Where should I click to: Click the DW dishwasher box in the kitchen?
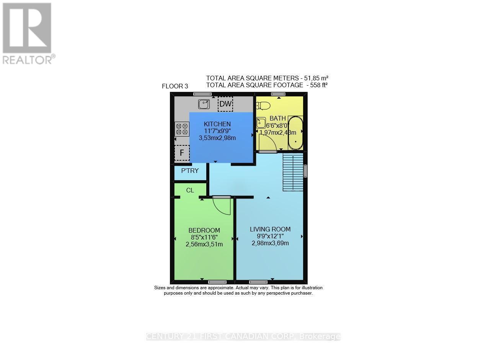tap(225, 104)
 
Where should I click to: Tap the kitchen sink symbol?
tap(204, 103)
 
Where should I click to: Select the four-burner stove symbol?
tap(182, 129)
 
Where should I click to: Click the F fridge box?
tap(182, 153)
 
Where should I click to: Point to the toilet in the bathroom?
tap(264, 105)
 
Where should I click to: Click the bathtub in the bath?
tap(295, 133)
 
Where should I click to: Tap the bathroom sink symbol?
tap(261, 123)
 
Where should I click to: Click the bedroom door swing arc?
tap(222, 207)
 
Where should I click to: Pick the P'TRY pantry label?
tap(190, 171)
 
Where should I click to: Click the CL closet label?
tap(190, 190)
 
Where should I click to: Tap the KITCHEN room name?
tap(217, 124)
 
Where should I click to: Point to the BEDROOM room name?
tap(204, 230)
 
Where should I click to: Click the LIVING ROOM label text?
tap(270, 229)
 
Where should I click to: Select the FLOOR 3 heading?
tap(175, 86)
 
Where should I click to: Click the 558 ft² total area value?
tap(317, 85)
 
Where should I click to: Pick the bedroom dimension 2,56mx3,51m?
tap(204, 244)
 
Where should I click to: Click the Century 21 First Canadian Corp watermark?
tap(243, 337)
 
